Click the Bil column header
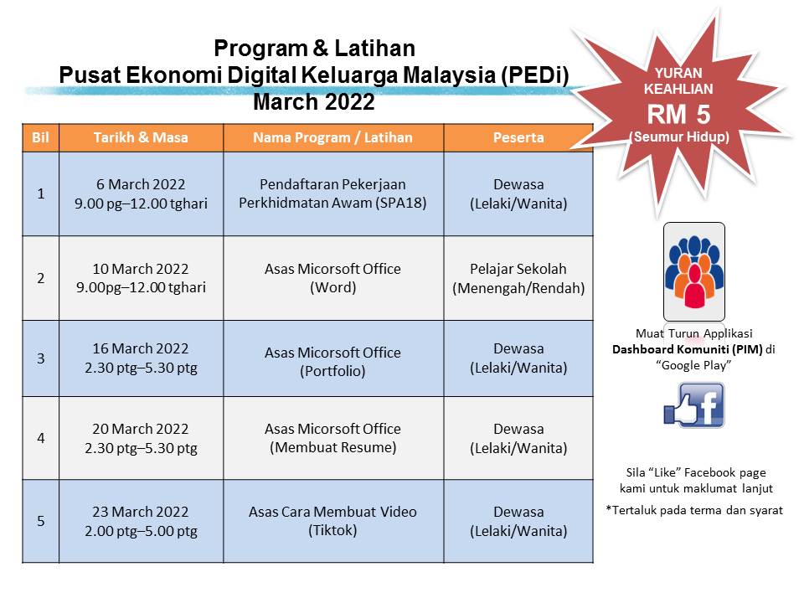(39, 137)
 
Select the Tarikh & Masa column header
(141, 137)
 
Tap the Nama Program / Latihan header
(332, 137)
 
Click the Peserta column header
(518, 137)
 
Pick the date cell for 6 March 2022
(141, 193)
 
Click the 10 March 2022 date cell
(141, 277)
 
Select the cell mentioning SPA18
(332, 193)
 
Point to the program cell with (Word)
(332, 277)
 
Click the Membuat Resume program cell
(332, 438)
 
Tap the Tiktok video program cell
(332, 521)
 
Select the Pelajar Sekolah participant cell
(518, 277)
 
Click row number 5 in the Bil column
(40, 521)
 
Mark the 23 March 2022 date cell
(141, 521)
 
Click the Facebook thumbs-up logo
(693, 406)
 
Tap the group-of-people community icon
(693, 272)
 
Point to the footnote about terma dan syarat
(693, 509)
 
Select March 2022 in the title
(313, 103)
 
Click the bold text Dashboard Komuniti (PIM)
(687, 350)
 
